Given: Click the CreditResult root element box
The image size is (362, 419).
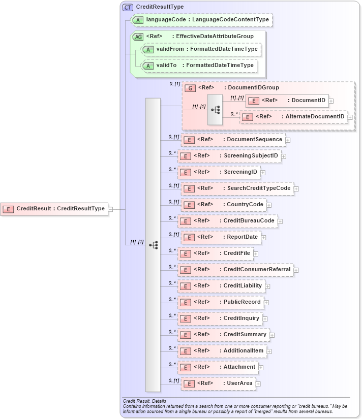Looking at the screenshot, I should pos(54,208).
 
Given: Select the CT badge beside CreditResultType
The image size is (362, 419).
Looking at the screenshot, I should pos(127,7).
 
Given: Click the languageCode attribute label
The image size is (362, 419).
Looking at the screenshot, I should pos(201,20).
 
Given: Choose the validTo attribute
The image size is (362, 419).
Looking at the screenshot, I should pos(199,66).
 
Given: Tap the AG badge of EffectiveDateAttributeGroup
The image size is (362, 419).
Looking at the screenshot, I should pos(138,37).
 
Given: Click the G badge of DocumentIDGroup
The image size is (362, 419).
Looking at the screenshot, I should pos(190,88).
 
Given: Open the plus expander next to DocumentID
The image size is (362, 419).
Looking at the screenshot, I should pos(331,101).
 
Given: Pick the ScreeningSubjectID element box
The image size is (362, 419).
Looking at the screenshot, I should pos(229,156).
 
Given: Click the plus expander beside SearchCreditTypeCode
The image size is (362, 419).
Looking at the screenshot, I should pos(296,189).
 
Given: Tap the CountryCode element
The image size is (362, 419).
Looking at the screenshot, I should pos(223,205).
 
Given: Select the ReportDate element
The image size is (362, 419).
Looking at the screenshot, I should pos(221,237).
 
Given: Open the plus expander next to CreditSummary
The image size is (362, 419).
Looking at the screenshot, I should pos(272,335).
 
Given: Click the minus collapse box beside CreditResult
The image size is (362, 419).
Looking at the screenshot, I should pos(110,208).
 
